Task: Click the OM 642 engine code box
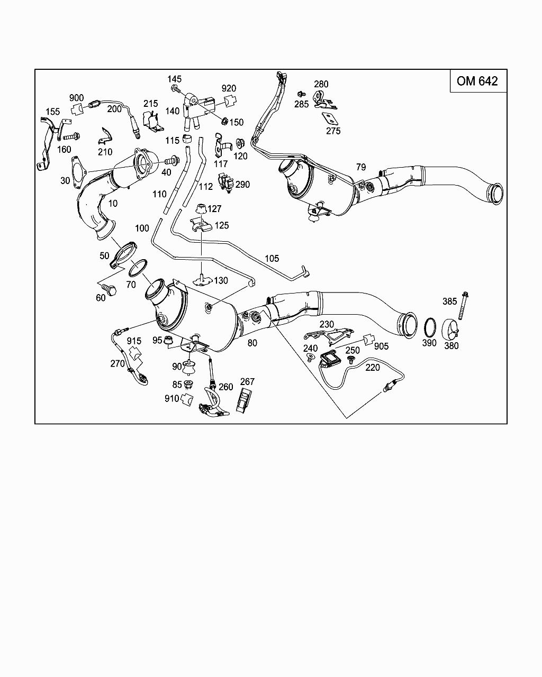(x=477, y=81)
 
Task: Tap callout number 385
(x=449, y=301)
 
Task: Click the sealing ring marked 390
(x=430, y=327)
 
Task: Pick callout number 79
(x=361, y=167)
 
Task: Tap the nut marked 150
(x=224, y=121)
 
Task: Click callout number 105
(x=272, y=259)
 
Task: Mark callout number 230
(x=327, y=324)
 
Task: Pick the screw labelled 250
(x=350, y=360)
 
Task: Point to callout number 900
(x=76, y=98)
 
